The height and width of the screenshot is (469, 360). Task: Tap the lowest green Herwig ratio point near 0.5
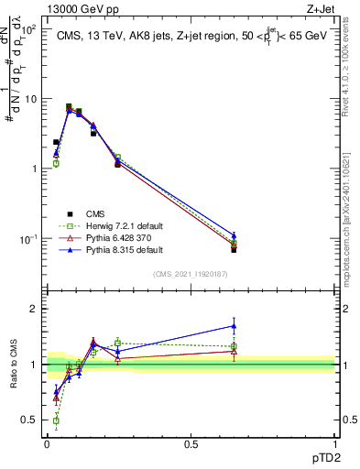[56, 420]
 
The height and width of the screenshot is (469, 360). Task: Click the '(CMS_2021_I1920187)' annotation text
[190, 274]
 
